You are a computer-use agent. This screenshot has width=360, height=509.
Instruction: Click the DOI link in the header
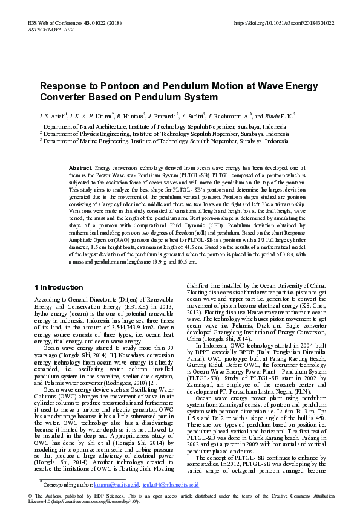coord(283,23)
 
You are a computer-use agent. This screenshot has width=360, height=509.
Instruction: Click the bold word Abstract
coord(80,167)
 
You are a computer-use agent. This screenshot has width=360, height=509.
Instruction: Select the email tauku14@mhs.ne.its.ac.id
coord(169,485)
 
